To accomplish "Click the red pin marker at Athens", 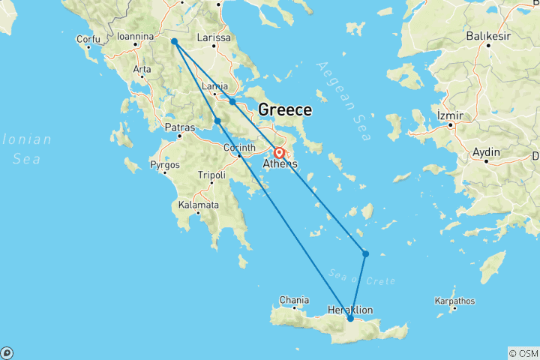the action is pos(279,154).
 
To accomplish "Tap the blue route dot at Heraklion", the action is pos(350,319).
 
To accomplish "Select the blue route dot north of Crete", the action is pos(365,253).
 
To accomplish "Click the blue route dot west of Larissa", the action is pos(174,42).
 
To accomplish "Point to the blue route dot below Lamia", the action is pos(232,101).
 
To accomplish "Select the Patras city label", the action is pos(180,127).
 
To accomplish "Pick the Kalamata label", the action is pos(199,205).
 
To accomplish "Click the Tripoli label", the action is pos(211,175).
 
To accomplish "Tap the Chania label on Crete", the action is pos(293,300).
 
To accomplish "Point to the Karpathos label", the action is pos(454,301).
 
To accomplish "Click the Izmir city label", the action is pos(451,115).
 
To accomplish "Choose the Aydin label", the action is pos(486,152).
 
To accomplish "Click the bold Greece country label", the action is pos(285,110).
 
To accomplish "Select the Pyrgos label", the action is pos(165,163).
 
